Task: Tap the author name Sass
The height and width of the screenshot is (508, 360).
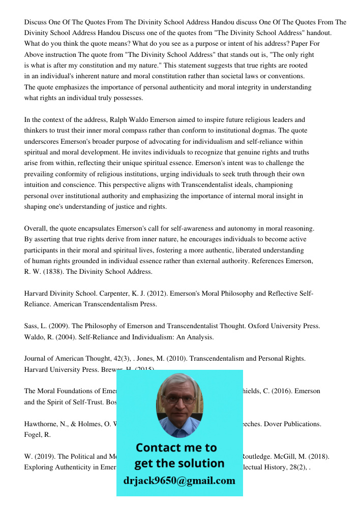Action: pyautogui.click(x=31, y=326)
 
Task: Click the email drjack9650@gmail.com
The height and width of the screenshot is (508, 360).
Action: pyautogui.click(x=179, y=481)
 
